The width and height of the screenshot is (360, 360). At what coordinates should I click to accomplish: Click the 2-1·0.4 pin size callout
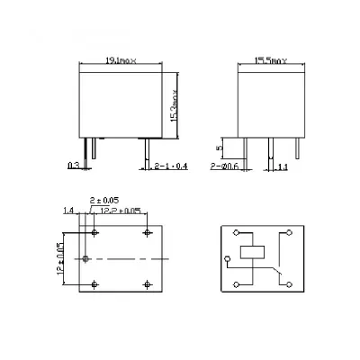tap(165, 166)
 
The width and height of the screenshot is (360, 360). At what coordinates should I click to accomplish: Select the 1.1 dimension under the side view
tap(282, 166)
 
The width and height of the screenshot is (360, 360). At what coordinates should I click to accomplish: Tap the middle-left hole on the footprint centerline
tap(85, 259)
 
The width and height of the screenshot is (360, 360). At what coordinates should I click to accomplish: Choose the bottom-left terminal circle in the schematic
tap(236, 284)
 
